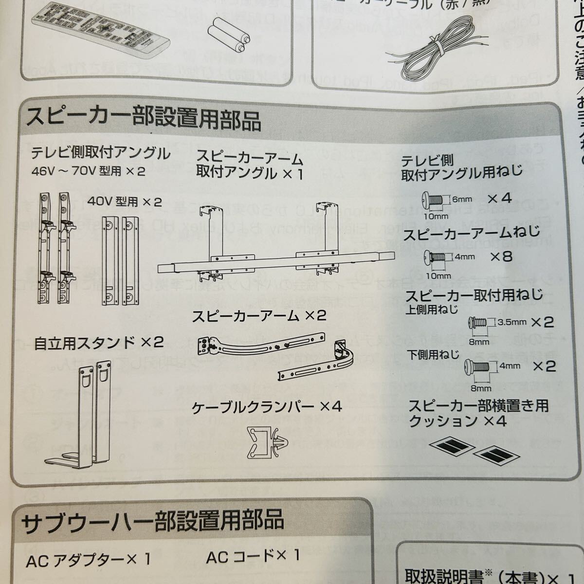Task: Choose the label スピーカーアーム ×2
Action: point(258,316)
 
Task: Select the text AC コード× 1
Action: point(253,556)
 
